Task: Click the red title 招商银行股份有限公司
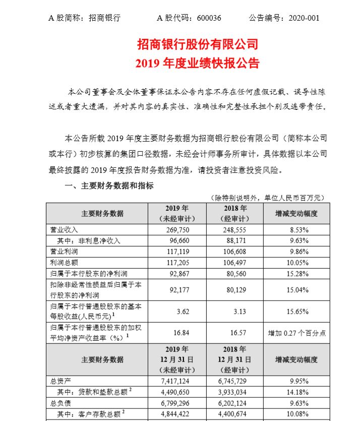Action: pos(198,44)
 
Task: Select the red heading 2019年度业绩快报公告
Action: pos(198,64)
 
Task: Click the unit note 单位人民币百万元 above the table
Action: pos(293,198)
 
